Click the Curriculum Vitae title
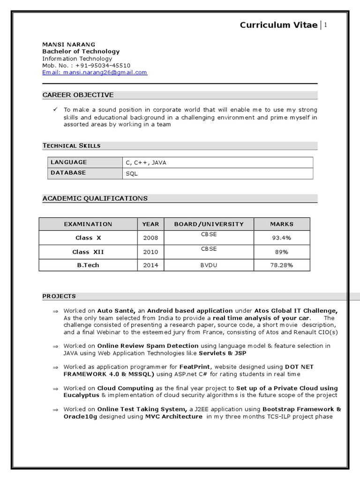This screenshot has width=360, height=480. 278,25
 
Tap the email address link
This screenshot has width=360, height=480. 95,73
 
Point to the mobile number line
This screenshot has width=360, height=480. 86,66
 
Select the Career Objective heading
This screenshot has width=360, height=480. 78,95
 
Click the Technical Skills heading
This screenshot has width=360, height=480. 71,146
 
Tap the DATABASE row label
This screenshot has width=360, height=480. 68,173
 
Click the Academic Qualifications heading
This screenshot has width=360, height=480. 95,198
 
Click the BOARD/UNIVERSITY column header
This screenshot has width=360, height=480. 209,224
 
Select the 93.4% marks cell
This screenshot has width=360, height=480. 281,238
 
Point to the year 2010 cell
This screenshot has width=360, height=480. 150,252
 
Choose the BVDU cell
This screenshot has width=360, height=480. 209,265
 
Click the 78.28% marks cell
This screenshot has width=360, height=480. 281,265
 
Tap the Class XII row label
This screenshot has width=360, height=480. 88,252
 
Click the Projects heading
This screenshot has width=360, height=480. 59,296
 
